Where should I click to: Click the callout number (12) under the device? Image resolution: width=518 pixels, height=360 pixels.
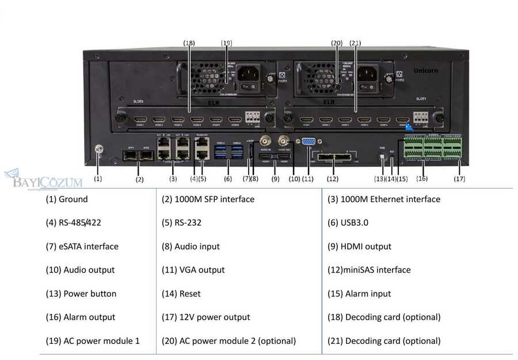pyautogui.click(x=333, y=179)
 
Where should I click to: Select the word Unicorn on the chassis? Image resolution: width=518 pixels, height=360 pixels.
pyautogui.click(x=426, y=70)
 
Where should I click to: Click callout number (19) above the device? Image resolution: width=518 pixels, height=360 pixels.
pyautogui.click(x=226, y=43)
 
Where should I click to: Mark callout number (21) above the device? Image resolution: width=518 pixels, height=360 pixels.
pyautogui.click(x=355, y=43)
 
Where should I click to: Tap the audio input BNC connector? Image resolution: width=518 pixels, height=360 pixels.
pyautogui.click(x=266, y=140)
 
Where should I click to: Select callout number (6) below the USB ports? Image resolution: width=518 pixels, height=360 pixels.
pyautogui.click(x=228, y=179)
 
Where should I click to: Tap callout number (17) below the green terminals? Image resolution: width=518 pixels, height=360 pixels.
pyautogui.click(x=459, y=179)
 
